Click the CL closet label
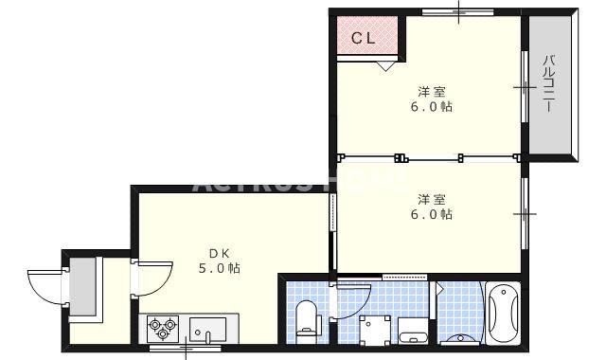click(x=363, y=39)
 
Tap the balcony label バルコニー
click(x=548, y=85)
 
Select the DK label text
click(x=220, y=253)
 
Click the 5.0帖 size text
click(x=220, y=269)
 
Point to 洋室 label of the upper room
click(x=432, y=92)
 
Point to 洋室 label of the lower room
click(x=432, y=199)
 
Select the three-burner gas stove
click(x=162, y=329)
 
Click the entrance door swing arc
click(x=45, y=285)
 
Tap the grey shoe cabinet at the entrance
click(x=82, y=283)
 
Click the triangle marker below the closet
click(x=385, y=66)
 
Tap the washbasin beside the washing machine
click(x=414, y=332)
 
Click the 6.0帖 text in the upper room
click(x=432, y=107)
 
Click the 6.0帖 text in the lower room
click(x=432, y=214)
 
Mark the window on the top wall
click(x=456, y=12)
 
